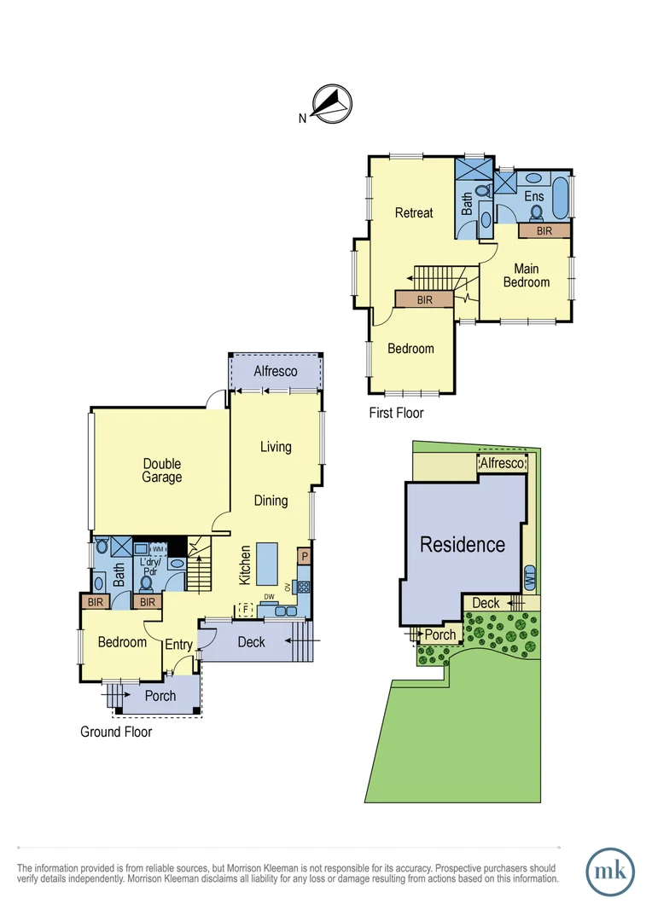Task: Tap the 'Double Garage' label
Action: (x=162, y=471)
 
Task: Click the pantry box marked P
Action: (x=303, y=556)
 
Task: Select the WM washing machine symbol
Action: (x=159, y=549)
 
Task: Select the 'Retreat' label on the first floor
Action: (x=414, y=212)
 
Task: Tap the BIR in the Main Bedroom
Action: (x=544, y=230)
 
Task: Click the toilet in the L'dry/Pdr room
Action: (x=146, y=583)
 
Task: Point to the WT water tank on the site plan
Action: (x=529, y=577)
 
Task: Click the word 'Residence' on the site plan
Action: (x=463, y=544)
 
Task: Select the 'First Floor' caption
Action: (x=396, y=413)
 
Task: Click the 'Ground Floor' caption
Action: (x=116, y=732)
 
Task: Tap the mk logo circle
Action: (x=610, y=872)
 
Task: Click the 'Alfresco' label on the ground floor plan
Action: (x=276, y=371)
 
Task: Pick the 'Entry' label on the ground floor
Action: (x=179, y=645)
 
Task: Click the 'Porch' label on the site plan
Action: (x=440, y=635)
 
